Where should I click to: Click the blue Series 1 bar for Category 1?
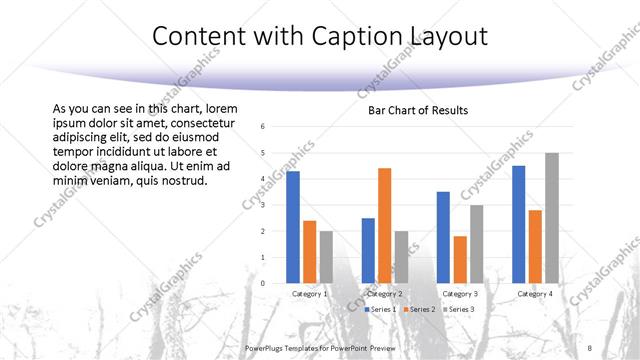point(293,227)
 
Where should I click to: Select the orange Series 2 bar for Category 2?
point(385,226)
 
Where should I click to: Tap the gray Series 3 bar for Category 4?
point(552,218)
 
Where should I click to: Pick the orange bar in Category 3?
point(460,260)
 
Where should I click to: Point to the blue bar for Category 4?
point(518,224)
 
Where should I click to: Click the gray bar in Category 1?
point(326,257)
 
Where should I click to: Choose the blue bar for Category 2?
point(368,250)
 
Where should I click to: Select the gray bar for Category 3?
point(477,244)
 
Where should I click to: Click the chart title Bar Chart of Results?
point(418,110)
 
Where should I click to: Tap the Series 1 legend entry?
point(380,310)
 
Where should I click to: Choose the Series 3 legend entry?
point(457,310)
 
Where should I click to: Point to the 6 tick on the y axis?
point(261,127)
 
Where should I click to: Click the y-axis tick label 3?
point(261,205)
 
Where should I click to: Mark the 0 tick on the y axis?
point(261,283)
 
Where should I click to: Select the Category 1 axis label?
point(309,294)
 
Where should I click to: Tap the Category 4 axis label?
point(535,294)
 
